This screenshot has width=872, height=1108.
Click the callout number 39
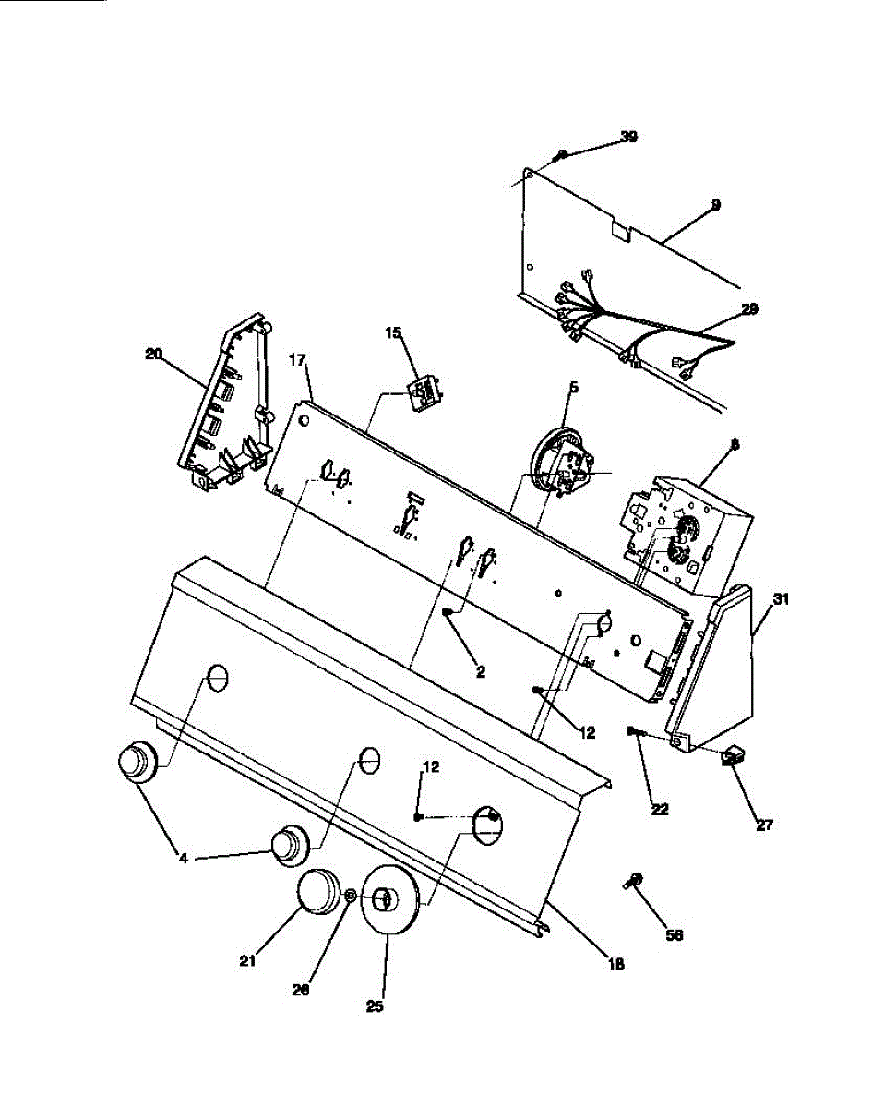(628, 137)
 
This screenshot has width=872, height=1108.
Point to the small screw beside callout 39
(561, 154)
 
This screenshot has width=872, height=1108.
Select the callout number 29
(749, 309)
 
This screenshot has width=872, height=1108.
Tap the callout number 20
(153, 353)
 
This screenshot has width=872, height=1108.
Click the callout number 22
(659, 809)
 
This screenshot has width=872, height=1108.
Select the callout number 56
(675, 934)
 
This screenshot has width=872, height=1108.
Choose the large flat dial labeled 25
(388, 900)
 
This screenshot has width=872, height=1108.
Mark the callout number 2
(480, 672)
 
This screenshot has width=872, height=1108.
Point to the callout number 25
(374, 1006)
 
